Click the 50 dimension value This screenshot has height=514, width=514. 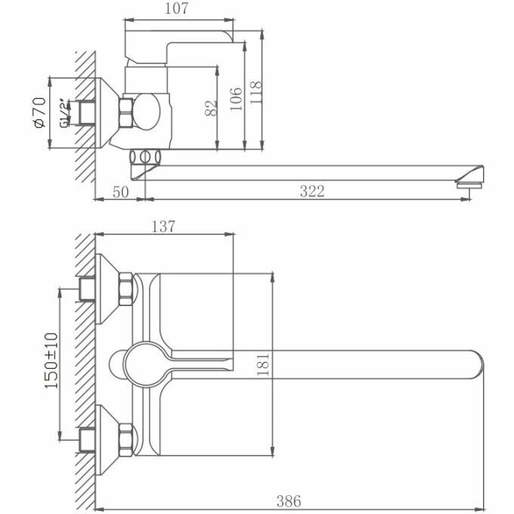(x=119, y=191)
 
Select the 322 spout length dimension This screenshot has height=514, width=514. (x=311, y=191)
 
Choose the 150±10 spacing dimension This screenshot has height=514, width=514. (x=51, y=361)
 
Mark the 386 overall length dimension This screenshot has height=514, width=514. (x=289, y=500)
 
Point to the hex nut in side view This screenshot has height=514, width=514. (x=126, y=113)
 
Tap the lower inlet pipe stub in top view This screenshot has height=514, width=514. (x=88, y=436)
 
